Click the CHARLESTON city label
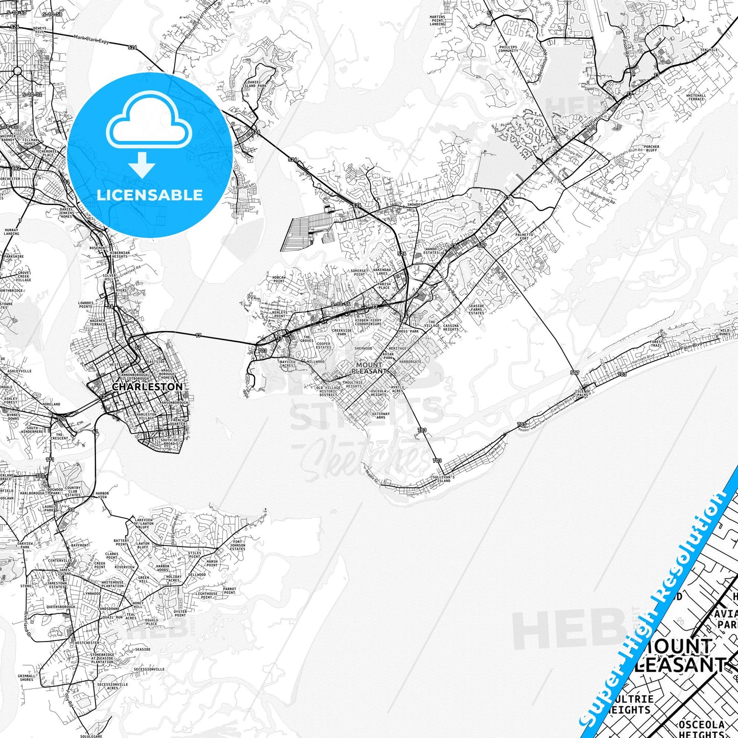point(147,387)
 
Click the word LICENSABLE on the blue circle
point(150,195)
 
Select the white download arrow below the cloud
point(142,164)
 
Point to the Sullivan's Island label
point(442,478)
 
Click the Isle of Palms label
point(583,393)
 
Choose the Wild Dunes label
point(725,332)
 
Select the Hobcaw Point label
point(279,279)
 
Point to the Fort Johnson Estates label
point(238,545)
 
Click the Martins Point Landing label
point(437,20)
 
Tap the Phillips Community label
point(508,49)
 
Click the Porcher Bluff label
point(652,149)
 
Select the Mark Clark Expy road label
point(91,38)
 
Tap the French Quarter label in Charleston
point(177,421)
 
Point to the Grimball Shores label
point(27,678)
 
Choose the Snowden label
point(415,204)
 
